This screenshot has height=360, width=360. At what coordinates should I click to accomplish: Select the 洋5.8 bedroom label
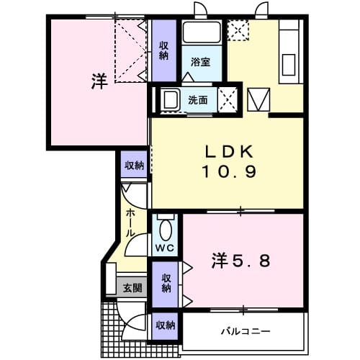(240, 261)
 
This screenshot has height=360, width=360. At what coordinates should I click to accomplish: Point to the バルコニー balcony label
(245, 332)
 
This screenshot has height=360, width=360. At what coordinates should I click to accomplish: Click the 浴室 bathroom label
(200, 62)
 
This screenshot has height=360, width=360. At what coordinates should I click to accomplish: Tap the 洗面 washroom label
(199, 100)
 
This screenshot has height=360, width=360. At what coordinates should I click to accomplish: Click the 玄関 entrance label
(132, 287)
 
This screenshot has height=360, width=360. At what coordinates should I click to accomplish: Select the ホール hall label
(130, 223)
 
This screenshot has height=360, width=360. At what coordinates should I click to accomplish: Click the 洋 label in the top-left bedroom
(99, 81)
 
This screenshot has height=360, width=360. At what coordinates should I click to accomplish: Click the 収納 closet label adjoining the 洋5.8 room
(166, 282)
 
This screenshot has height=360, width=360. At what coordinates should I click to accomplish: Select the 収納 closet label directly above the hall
(134, 166)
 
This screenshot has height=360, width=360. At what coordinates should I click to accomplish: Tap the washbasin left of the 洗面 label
(171, 100)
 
